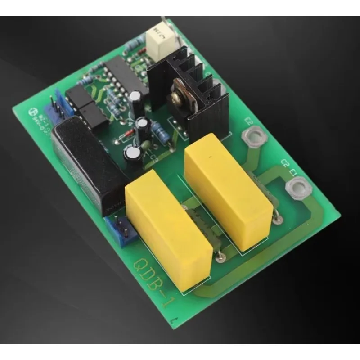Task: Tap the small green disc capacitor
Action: (147, 144)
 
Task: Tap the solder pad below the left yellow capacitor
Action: (220, 257)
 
